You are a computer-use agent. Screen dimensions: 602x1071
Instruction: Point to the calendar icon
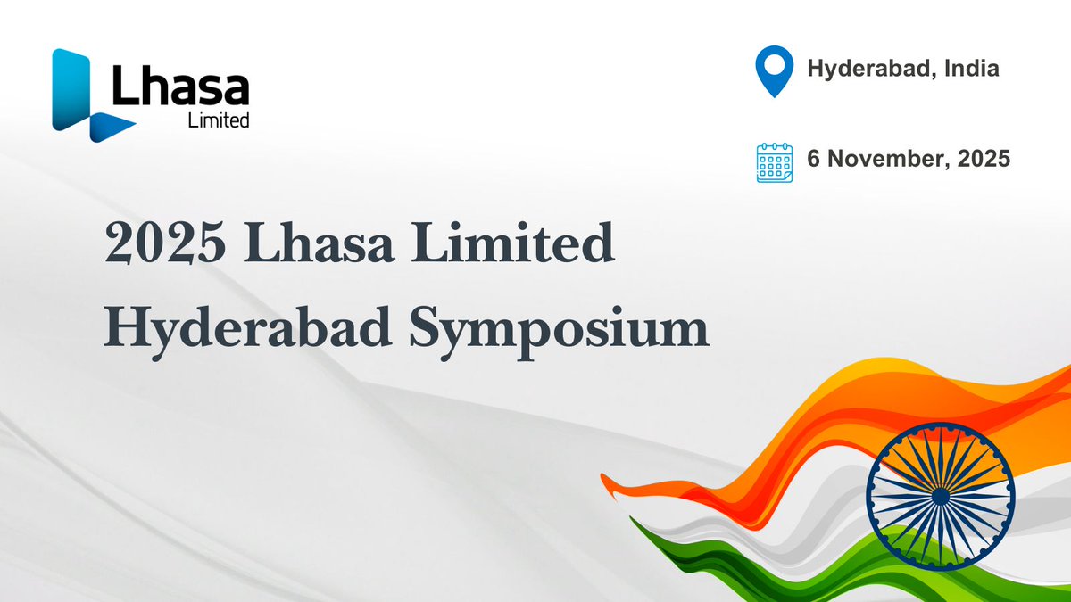774,161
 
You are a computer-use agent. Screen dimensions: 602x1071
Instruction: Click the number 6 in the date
813,160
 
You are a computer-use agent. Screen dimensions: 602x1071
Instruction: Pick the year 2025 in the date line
981,160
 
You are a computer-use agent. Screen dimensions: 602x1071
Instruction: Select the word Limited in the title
518,244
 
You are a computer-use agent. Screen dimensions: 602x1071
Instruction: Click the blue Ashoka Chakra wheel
940,496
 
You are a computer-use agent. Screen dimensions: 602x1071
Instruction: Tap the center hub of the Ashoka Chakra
940,496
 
